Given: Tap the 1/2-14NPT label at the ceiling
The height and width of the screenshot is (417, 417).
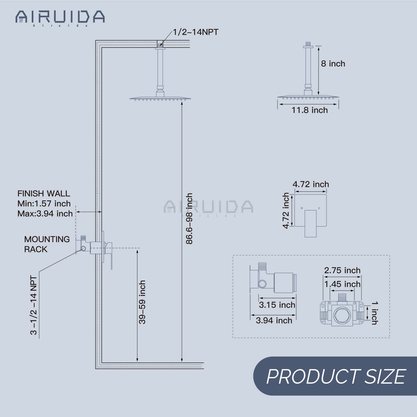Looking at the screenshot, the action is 196,32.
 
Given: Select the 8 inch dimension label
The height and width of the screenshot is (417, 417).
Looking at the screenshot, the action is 333,64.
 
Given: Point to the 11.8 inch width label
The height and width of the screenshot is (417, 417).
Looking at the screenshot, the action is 309,110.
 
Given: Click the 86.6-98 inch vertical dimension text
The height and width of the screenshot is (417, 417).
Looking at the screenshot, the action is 189,219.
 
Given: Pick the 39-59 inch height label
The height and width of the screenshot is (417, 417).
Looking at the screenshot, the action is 142,302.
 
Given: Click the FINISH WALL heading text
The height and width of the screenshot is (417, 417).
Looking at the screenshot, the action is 44,193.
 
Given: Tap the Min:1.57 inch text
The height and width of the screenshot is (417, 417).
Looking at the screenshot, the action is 44,203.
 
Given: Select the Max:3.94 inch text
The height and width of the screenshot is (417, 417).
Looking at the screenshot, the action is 45,214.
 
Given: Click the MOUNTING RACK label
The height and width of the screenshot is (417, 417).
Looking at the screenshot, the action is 47,244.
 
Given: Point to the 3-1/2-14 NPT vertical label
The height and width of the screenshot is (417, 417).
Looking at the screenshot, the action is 34,305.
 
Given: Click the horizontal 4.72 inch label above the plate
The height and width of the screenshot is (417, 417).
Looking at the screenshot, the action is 311,184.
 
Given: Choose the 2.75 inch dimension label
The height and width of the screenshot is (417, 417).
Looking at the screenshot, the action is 342,270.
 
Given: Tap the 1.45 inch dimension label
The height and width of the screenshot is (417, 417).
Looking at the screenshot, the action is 342,284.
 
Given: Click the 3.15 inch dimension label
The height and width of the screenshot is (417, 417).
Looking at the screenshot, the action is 277,305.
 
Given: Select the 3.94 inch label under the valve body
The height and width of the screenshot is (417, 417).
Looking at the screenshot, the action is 274,321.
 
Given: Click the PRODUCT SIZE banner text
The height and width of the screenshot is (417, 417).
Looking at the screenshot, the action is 336,376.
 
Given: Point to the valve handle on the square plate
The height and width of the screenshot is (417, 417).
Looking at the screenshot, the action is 311,224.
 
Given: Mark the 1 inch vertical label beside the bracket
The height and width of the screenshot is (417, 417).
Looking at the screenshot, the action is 374,313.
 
